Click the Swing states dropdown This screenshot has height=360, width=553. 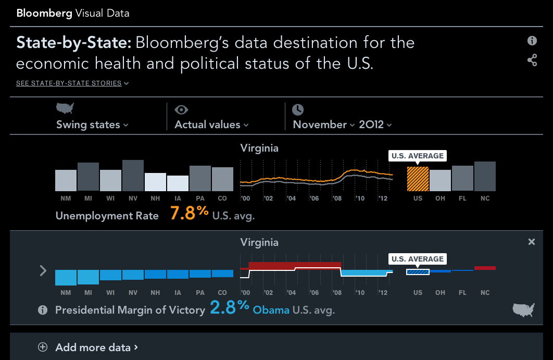93,125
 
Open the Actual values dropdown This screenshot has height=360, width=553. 211,125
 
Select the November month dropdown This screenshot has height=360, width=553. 323,125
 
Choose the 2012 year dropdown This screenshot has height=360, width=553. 375,125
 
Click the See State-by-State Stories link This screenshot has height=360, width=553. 72,83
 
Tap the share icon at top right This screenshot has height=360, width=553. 532,60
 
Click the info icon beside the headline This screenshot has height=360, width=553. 532,41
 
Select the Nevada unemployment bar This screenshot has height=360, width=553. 133,176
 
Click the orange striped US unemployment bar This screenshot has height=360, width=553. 418,179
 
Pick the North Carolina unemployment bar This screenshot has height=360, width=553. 485,176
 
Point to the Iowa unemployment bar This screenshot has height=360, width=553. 178,183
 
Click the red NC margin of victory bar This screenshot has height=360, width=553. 485,268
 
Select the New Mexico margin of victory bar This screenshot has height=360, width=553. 66,277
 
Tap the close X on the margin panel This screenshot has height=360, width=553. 531,242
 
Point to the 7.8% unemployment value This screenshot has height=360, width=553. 189,213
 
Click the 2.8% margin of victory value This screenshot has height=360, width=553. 230,307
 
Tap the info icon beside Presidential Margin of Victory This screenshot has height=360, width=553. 43,310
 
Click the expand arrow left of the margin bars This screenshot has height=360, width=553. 43,270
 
